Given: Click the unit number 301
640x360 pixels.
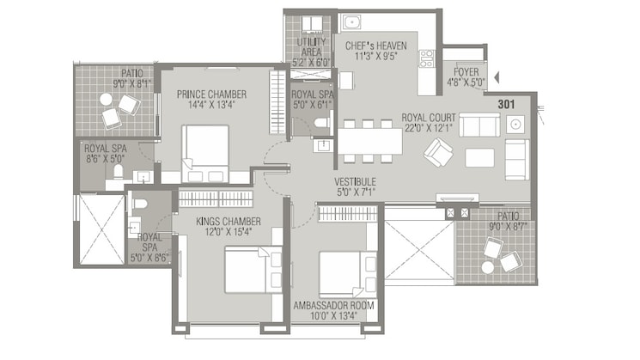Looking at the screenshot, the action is pos(506,105).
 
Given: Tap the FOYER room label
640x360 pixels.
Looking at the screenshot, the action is pos(466,72).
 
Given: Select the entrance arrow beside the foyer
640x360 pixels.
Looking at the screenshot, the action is pos(497,77).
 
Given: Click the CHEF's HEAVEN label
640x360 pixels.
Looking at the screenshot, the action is pos(376,46).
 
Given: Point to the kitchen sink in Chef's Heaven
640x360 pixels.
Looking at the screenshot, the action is pos(351,22).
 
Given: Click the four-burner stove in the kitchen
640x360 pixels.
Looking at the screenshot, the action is pos(427,58).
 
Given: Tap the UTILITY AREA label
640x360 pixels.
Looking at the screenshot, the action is pos(312,47).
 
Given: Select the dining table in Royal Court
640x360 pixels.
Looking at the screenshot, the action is pos(370,141).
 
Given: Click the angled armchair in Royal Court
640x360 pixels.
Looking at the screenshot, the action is pos(438,152).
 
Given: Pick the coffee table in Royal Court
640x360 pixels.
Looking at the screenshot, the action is pos(479,157).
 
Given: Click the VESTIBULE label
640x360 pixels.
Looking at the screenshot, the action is pos(355,182).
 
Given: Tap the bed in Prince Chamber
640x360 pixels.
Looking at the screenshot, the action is pos(205,154).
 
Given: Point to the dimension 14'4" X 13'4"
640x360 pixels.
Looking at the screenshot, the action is pos(211,105).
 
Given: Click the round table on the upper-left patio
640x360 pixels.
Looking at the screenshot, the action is pos(107,100).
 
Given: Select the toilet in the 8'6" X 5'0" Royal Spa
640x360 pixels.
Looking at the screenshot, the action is pos(119,172).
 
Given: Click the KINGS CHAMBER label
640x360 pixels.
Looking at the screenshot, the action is pos(229,222).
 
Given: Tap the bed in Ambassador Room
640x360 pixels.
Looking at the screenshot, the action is pos(348,274).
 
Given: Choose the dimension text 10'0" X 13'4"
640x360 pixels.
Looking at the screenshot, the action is pos(333,316).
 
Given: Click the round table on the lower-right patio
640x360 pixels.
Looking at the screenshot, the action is pos(488,267).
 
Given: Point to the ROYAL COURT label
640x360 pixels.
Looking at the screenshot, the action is pos(429,118).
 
